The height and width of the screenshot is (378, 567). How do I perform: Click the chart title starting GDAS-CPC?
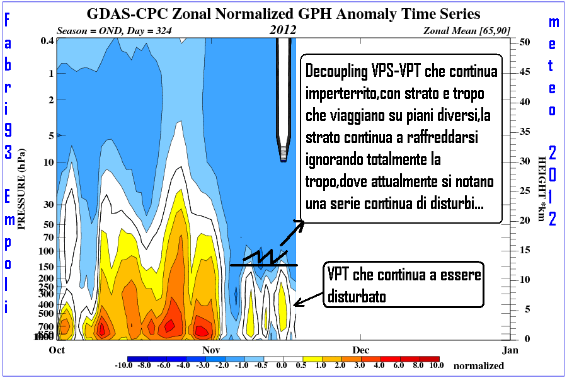point(283,13)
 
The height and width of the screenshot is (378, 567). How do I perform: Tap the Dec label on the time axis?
point(360,349)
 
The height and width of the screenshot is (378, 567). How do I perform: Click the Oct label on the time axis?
point(57,349)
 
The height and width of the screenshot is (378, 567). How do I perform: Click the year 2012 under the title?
point(283,30)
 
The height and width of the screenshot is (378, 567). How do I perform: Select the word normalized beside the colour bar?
point(479,366)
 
